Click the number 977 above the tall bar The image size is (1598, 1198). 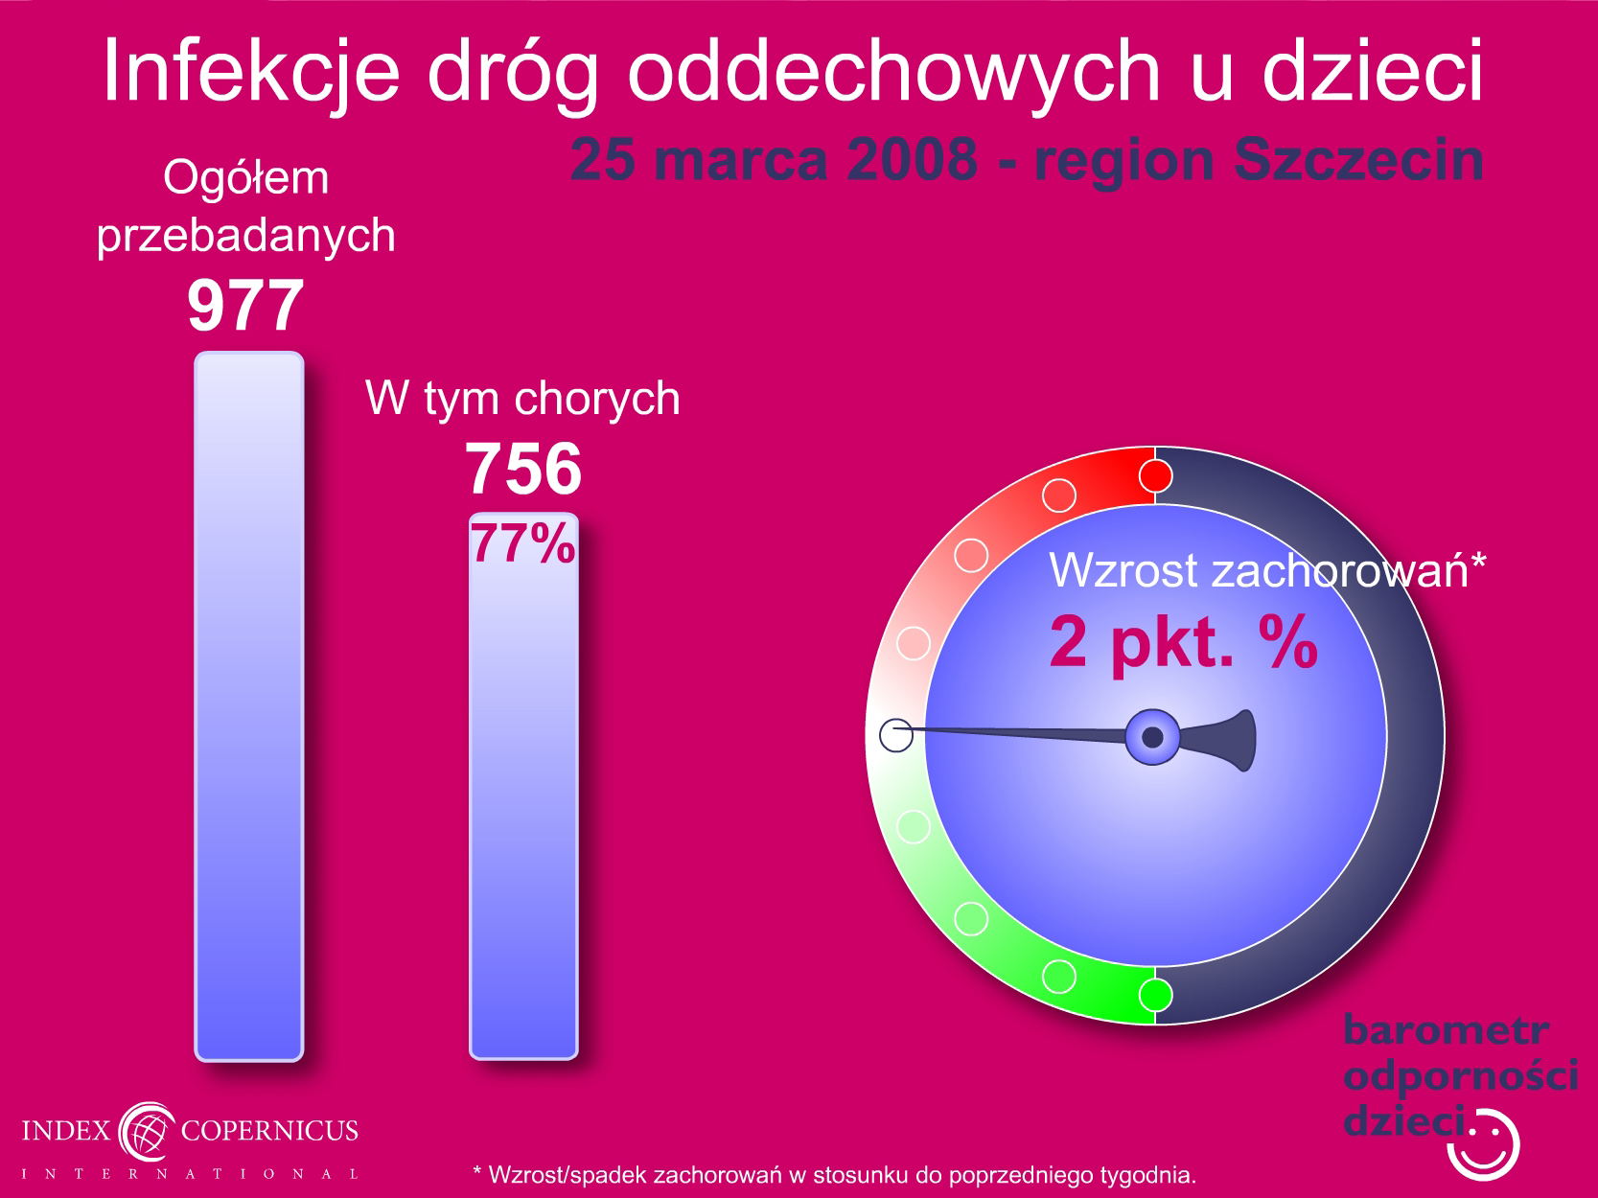click(245, 306)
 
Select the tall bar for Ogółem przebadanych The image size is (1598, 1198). click(249, 706)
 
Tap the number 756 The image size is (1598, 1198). click(523, 469)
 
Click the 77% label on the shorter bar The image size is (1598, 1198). click(523, 543)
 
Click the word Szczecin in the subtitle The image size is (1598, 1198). click(1358, 161)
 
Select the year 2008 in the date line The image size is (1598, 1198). click(913, 159)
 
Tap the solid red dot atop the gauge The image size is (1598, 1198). click(1155, 476)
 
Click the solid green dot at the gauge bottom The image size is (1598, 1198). click(1155, 995)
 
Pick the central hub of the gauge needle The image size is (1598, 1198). click(1152, 737)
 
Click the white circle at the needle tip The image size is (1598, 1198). click(896, 735)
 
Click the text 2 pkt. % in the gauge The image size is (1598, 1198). click(1184, 642)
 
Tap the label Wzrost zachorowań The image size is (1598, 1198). click(1259, 570)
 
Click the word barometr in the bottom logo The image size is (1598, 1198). click(1446, 1030)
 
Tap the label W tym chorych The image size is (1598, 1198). click(522, 399)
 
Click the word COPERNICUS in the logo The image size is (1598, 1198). click(269, 1130)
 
